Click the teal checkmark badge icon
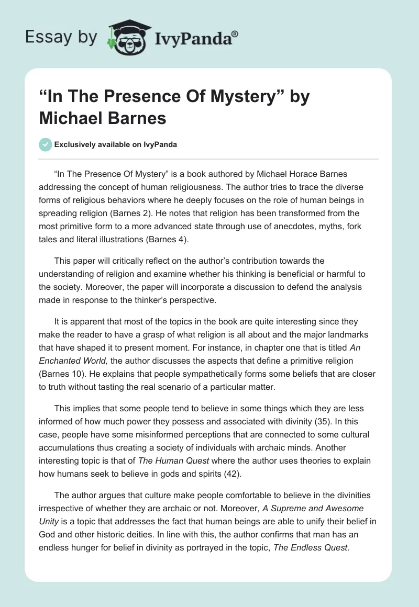46,144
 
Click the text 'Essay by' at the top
62,37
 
